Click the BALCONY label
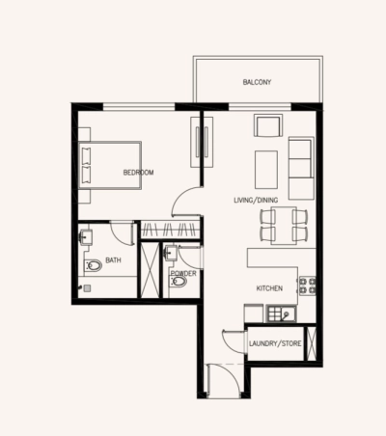tap(256, 83)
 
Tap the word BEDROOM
tap(138, 173)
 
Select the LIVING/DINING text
tap(255, 200)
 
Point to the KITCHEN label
tap(269, 288)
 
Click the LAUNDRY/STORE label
tap(275, 343)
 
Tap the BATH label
tap(113, 259)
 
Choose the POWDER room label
tap(183, 274)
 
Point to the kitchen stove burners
tap(309, 286)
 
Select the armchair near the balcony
tap(266, 127)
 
